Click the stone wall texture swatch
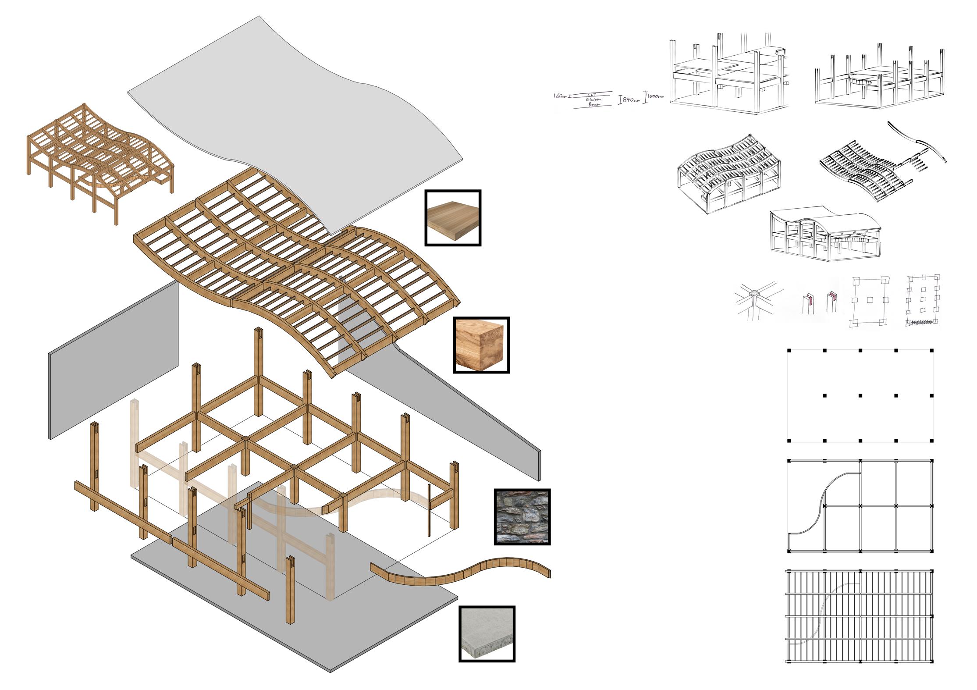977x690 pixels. (522, 516)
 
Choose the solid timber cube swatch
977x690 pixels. (481, 345)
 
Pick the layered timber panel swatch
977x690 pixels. (453, 218)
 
